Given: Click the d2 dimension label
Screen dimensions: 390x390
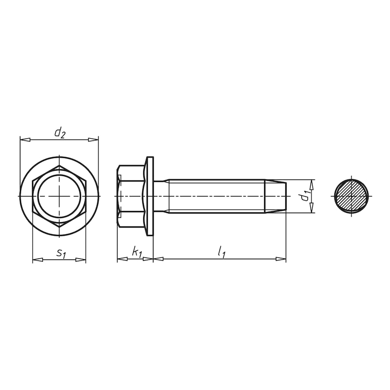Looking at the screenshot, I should (59, 132).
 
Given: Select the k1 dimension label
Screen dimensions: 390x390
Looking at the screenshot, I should (137, 252).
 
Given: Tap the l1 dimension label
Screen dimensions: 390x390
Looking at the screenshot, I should (222, 252).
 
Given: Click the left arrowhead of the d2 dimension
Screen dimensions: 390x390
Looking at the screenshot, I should (24, 140).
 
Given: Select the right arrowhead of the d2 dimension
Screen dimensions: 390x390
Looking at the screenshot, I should (94, 140).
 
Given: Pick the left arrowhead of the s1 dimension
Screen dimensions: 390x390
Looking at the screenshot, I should (37, 259).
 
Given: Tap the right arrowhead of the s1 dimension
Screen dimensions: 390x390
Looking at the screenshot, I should (81, 259).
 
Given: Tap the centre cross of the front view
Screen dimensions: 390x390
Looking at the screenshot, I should (59, 196).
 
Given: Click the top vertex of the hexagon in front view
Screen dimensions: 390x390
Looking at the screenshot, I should (59, 166).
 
